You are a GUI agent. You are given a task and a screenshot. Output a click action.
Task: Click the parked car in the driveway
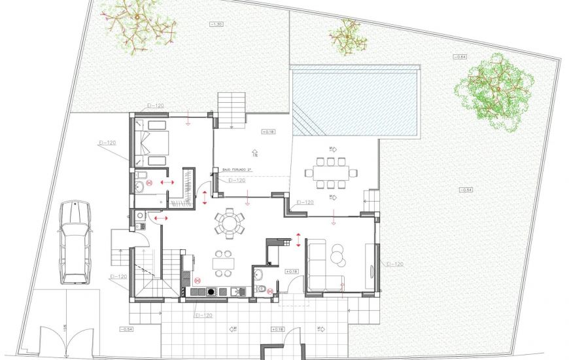[x=74, y=242]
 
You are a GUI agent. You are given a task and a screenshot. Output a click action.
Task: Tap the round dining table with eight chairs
[x=230, y=223]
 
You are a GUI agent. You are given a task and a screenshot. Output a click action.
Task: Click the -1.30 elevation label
[x=216, y=24]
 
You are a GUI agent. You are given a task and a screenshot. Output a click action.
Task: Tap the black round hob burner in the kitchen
[x=211, y=292]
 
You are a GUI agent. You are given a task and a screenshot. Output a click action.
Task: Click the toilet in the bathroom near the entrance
[x=262, y=289]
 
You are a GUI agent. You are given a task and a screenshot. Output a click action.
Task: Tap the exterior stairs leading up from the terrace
[x=231, y=108]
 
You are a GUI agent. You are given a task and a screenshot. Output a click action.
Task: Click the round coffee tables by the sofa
[x=339, y=255]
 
